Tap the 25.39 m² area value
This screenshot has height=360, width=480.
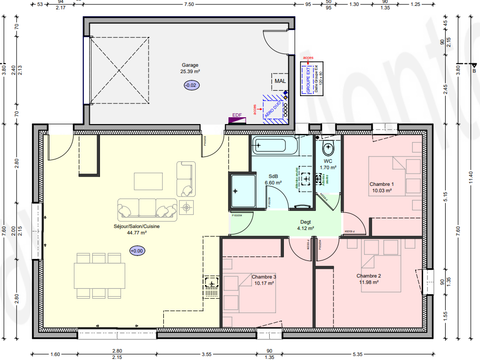click(190, 72)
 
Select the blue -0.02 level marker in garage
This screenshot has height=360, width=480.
click(190, 86)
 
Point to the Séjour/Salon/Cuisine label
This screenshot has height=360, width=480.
click(137, 226)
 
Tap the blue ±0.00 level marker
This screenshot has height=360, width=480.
click(137, 250)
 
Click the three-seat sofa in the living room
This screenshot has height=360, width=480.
click(147, 208)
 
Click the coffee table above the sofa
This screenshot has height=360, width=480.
click(150, 180)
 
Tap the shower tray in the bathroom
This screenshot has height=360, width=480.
click(243, 189)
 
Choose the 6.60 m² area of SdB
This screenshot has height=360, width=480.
click(272, 183)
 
